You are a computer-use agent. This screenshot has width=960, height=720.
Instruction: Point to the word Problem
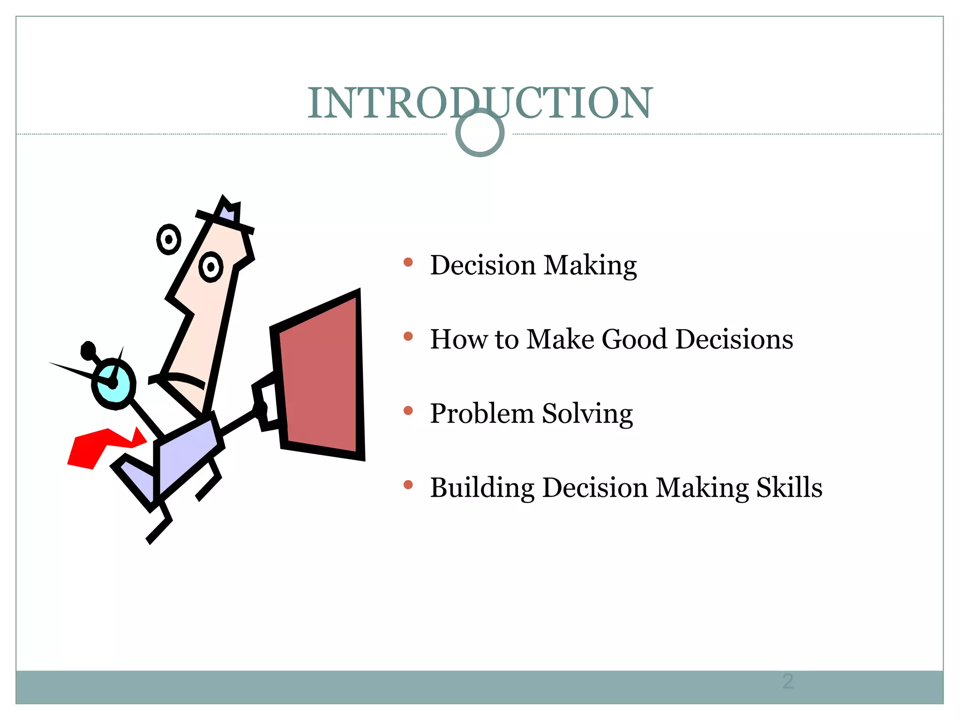(481, 414)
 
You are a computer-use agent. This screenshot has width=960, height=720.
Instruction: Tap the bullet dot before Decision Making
(408, 262)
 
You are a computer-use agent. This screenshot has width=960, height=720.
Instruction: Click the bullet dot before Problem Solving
(408, 411)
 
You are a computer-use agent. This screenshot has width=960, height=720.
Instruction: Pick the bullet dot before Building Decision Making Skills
(408, 485)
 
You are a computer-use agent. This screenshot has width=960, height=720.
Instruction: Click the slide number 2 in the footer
(787, 682)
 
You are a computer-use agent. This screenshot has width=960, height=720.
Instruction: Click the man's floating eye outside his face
(168, 240)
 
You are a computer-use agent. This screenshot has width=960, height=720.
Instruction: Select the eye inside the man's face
(210, 267)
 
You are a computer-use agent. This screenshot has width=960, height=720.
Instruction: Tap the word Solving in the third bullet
(587, 414)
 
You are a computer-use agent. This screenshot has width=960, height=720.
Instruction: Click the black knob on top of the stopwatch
(88, 350)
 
